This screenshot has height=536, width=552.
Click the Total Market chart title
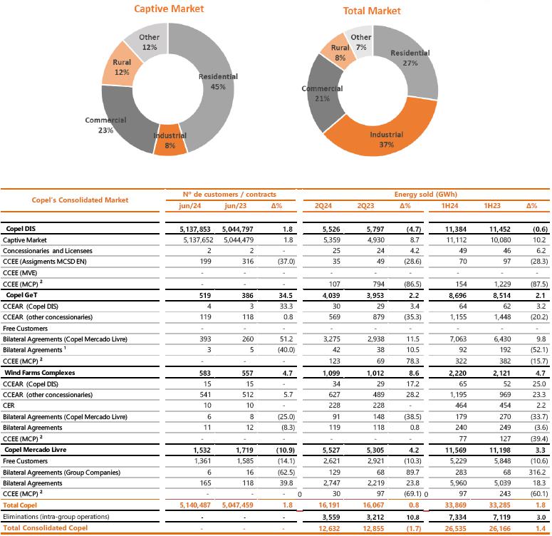(372, 11)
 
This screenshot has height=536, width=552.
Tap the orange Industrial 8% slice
(170, 140)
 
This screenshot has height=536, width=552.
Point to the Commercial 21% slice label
(322, 93)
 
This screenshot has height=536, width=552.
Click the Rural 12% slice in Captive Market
(122, 67)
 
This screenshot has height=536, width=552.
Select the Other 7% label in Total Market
(361, 41)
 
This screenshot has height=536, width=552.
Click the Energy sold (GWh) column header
(425, 194)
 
